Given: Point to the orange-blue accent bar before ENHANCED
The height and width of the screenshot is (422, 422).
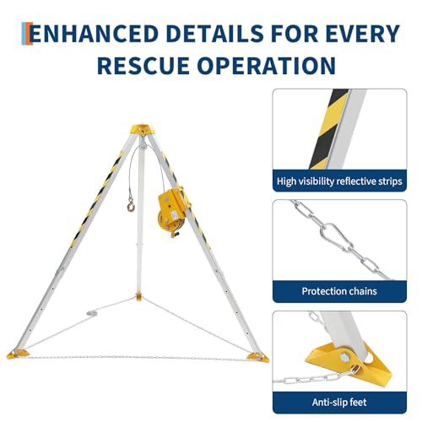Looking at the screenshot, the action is (27, 34).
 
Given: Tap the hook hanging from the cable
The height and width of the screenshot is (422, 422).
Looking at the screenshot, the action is (131, 205).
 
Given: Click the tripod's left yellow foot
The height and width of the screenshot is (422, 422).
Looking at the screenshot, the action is (16, 354).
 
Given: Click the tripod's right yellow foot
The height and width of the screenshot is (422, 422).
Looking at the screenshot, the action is (258, 357).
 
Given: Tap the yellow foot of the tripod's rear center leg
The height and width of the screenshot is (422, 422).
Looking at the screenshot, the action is (138, 297).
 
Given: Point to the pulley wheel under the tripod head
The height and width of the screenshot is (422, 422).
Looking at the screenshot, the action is (143, 145).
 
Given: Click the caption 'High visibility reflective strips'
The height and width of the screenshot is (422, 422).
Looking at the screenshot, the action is (339, 181).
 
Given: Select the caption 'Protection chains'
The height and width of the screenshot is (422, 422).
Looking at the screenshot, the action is (339, 291).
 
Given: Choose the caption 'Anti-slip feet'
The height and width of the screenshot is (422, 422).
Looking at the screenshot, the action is (339, 402).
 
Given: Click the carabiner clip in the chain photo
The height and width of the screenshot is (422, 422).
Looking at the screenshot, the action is (336, 236).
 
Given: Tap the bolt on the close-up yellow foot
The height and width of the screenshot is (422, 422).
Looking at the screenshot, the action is (345, 357).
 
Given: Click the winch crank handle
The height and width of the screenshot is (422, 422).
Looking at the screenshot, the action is (175, 235).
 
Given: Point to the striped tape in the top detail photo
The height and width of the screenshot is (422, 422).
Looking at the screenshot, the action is (327, 129).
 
